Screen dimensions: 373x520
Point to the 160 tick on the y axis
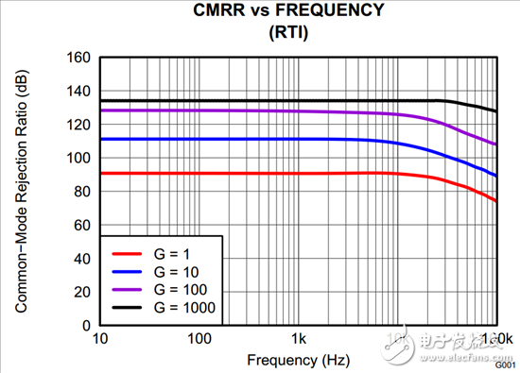[x=77, y=59]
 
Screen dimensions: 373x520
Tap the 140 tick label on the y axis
[x=77, y=92]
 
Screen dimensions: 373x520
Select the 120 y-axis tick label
[x=77, y=125]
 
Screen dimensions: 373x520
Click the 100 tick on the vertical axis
[x=77, y=158]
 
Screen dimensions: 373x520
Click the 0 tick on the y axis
[x=84, y=325]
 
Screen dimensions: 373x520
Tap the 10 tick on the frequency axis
[x=100, y=338]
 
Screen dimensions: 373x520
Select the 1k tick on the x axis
[x=299, y=338]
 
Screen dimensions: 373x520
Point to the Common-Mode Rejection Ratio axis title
[x=19, y=190]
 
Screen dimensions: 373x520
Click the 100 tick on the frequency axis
[x=199, y=338]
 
